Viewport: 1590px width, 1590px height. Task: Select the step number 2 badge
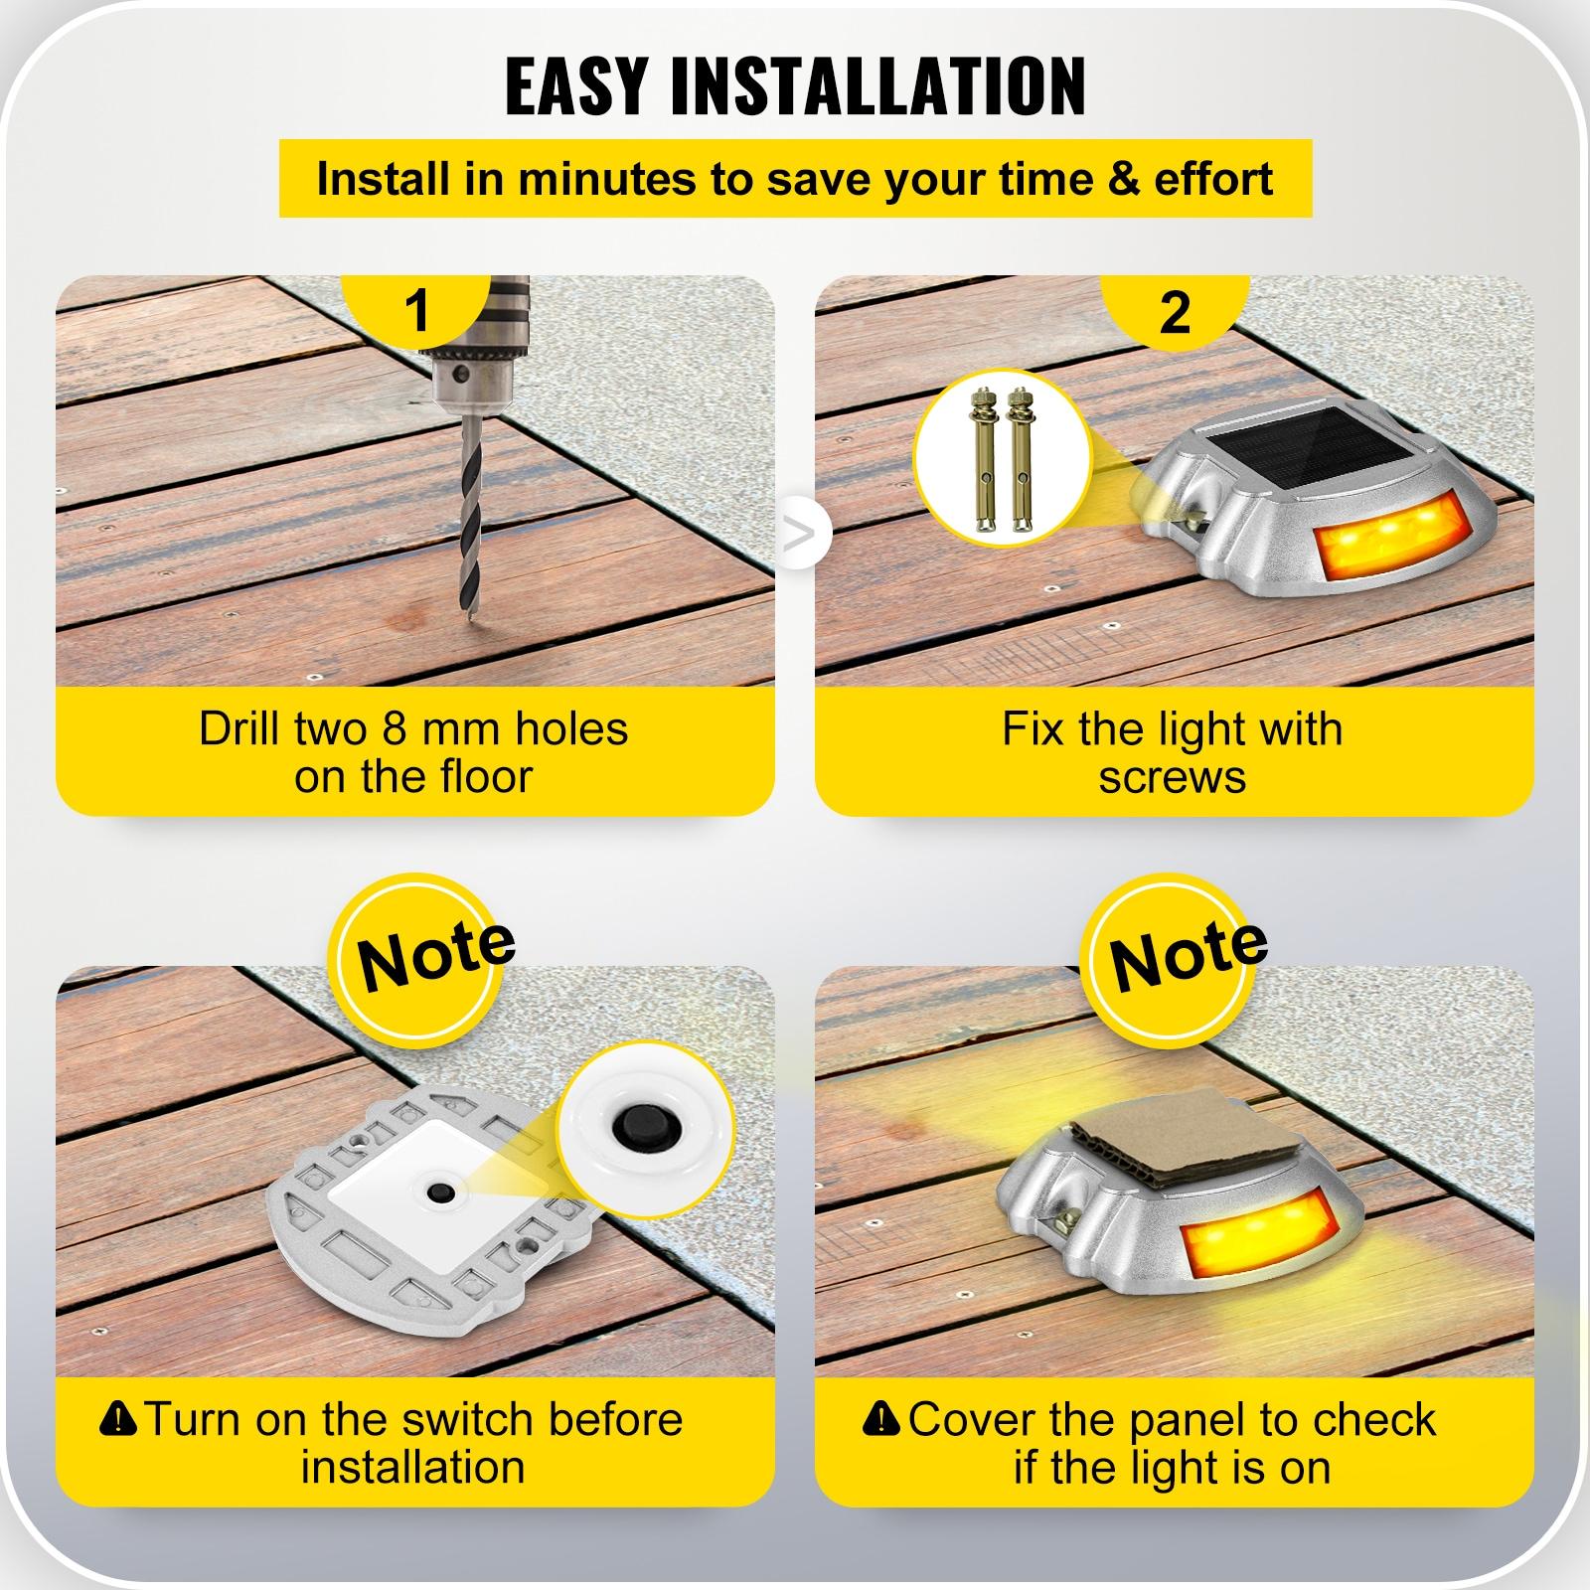pyautogui.click(x=1175, y=310)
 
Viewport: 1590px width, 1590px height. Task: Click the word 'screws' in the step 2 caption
pyautogui.click(x=1172, y=776)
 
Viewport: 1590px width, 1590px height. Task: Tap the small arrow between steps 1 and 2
pyautogui.click(x=798, y=535)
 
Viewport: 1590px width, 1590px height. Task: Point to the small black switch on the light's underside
pyautogui.click(x=437, y=1190)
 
